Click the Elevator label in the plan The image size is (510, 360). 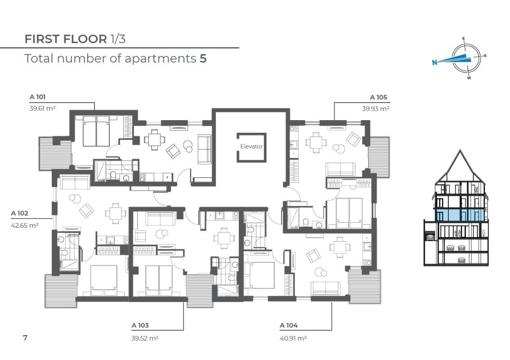coord(251,146)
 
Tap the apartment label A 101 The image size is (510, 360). coord(38,97)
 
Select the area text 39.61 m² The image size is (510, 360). coord(42,108)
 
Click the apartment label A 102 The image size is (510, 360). coord(19,213)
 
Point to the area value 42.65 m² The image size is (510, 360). coord(25,225)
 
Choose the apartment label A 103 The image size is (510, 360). coord(140,325)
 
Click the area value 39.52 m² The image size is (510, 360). coord(145,338)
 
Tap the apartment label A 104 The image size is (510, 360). coord(289,325)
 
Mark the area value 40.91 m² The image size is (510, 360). coord(293,338)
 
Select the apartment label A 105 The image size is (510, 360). coord(379,97)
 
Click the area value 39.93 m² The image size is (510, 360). coord(376,109)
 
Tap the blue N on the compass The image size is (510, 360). coord(434,63)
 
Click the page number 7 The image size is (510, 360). coord(25,337)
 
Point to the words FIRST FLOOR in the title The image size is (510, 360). coord(66,39)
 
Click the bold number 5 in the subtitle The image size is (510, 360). coord(203,58)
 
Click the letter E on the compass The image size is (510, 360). coord(464,39)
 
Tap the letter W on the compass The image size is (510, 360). coord(469,78)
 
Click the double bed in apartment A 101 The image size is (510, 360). coord(96,131)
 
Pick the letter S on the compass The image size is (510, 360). coord(485,56)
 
